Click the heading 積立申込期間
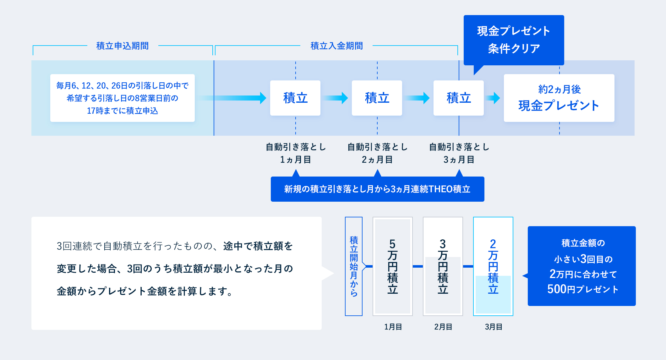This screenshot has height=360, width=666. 123,46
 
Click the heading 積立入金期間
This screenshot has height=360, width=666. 336,46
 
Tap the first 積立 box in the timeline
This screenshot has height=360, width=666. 295,98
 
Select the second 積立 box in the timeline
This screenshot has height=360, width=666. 377,98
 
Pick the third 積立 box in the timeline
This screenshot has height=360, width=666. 459,98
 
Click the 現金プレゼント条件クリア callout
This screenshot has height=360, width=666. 514,40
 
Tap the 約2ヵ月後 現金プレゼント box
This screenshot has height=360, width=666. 559,98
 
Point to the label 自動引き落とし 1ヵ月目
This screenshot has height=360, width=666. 296,153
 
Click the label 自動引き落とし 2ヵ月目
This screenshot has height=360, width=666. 377,153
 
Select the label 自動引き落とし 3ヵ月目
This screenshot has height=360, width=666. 459,153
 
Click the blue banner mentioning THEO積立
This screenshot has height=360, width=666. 377,189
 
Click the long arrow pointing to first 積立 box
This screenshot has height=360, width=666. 232,98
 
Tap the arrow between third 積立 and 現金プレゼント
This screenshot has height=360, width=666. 493,98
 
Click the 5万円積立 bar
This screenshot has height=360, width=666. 393,266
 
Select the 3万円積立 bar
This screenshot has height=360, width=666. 443,266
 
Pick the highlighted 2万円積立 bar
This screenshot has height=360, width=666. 493,266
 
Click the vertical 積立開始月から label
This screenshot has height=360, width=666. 354,266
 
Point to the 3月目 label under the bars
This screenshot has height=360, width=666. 494,327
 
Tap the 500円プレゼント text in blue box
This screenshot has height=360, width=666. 583,289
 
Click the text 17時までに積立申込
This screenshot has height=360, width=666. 123,111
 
